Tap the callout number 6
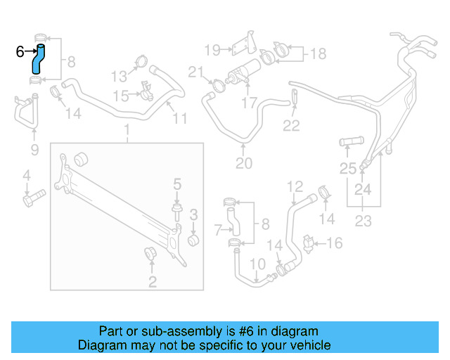click(x=20, y=51)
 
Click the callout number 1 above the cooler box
click(x=127, y=130)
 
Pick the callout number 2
click(x=152, y=282)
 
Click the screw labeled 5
click(x=176, y=212)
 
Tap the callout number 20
click(x=243, y=164)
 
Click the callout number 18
click(x=319, y=53)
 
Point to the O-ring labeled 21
click(x=218, y=86)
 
